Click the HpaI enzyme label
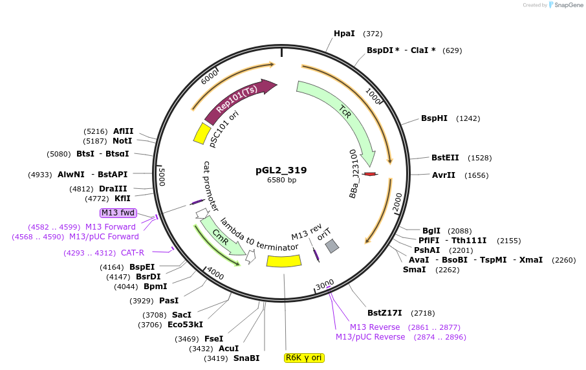[x=344, y=34]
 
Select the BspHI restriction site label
[x=434, y=118]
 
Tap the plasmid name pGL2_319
[x=281, y=170]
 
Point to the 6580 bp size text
[x=281, y=180]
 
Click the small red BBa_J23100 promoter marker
[x=370, y=174]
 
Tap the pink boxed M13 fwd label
[x=118, y=213]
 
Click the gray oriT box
[x=332, y=246]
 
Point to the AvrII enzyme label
[x=444, y=175]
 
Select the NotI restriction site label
[x=122, y=140]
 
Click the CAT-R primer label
[x=133, y=253]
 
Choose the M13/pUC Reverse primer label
[x=370, y=337]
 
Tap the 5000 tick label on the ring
[x=162, y=177]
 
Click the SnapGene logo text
[x=567, y=5]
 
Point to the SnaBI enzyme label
[x=246, y=358]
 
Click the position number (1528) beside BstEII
[x=480, y=158]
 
